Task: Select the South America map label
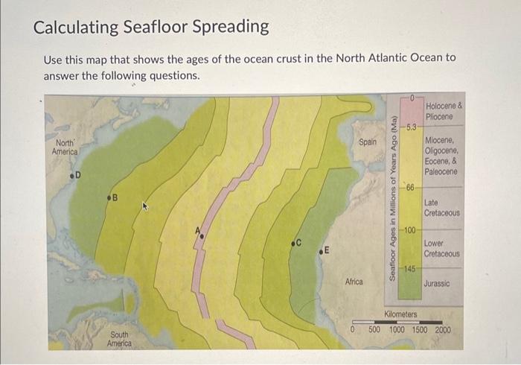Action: pos(119,340)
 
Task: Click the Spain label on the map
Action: pos(368,142)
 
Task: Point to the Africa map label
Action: pos(354,282)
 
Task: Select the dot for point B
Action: pos(109,198)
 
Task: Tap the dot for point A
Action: pos(200,235)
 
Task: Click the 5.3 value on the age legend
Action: pos(411,127)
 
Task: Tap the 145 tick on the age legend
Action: pos(410,268)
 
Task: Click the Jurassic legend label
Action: pos(437,284)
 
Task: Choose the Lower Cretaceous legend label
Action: pos(442,249)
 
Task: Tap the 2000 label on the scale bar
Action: pos(442,329)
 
